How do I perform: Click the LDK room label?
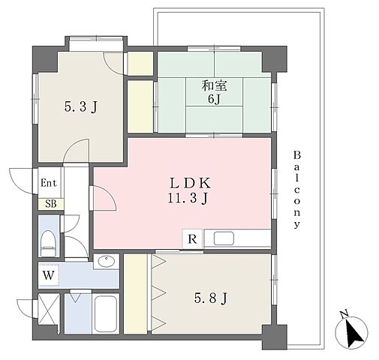[190, 183]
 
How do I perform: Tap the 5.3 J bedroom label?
[80, 107]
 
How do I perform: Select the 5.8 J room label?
[211, 298]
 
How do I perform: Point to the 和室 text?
[215, 86]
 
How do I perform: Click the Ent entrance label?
[49, 183]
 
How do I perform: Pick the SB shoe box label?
[51, 204]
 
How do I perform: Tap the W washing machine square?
[49, 275]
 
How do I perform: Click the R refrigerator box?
[192, 239]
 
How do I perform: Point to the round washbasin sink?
[107, 261]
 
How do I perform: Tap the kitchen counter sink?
[224, 238]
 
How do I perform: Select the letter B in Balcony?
[296, 155]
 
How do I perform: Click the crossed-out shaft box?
[49, 309]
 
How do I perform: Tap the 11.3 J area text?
[188, 199]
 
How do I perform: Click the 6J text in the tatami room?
[215, 99]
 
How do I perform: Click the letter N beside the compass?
[344, 315]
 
